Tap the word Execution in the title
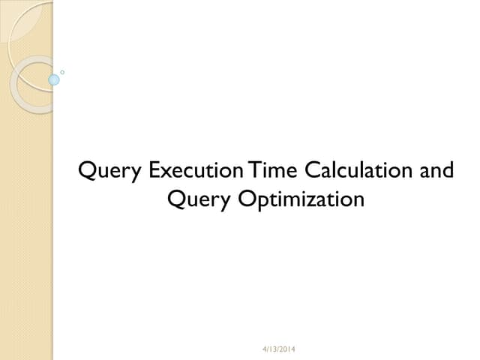click(197, 170)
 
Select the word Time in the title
click(273, 170)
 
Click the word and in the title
click(436, 170)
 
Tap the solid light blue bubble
click(54, 79)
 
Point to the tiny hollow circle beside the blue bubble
click(62, 73)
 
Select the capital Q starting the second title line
click(176, 199)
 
